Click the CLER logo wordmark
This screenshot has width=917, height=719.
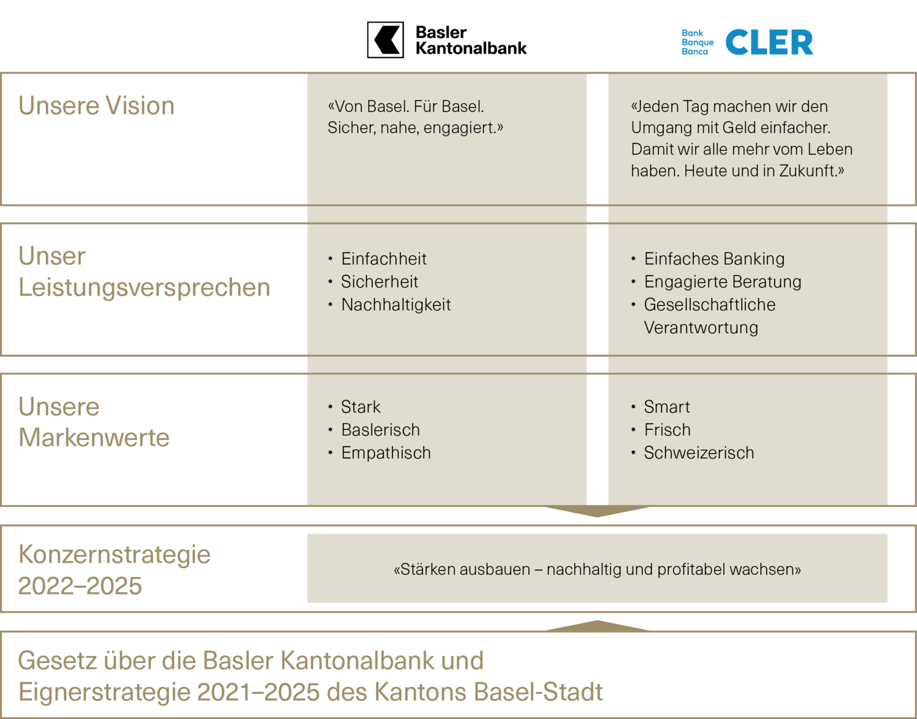click(768, 43)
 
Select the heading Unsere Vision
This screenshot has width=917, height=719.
click(97, 106)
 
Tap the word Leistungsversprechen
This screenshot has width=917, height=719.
click(144, 288)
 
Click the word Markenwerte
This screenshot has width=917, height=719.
click(94, 438)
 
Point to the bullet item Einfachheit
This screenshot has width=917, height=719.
click(383, 259)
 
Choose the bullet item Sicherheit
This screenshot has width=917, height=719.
click(379, 282)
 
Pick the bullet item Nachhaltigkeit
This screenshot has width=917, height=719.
click(396, 305)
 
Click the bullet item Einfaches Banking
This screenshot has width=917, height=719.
click(714, 259)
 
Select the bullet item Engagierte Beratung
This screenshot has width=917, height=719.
click(723, 282)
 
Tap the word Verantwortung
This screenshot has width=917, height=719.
click(701, 328)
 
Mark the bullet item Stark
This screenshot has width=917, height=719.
click(361, 407)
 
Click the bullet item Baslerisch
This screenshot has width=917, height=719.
click(380, 430)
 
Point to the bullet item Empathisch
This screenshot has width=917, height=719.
click(386, 453)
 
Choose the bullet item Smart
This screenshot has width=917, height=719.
click(666, 407)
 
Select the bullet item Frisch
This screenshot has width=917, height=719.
click(667, 430)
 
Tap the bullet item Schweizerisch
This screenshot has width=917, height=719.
click(699, 453)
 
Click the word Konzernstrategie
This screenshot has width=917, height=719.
click(114, 555)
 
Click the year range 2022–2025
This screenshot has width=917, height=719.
click(80, 586)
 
